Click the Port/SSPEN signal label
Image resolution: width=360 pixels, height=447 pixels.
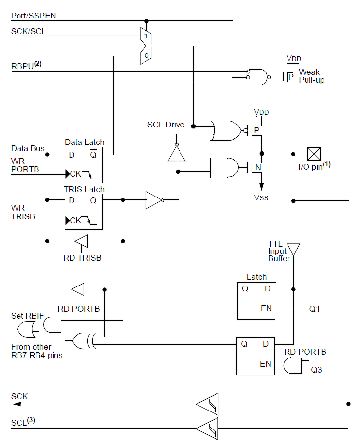point(34,16)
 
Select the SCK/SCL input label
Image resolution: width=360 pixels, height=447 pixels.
point(29,31)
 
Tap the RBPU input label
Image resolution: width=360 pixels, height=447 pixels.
point(26,65)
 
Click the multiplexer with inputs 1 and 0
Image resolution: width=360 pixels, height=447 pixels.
point(145,46)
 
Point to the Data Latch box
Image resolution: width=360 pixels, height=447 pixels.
point(84,164)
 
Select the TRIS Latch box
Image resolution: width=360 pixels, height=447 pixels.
point(84,211)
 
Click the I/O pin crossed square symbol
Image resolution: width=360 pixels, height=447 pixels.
point(314,154)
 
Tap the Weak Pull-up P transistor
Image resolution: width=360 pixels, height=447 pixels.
point(289,77)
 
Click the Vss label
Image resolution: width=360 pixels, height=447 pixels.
point(261,197)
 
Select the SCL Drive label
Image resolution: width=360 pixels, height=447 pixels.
point(166,125)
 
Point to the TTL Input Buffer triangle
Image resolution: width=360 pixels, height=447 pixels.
point(293,250)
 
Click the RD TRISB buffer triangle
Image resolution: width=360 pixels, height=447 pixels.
point(82,241)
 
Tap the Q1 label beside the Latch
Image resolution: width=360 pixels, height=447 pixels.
point(314,309)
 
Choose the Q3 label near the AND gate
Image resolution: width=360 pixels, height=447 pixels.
point(316,370)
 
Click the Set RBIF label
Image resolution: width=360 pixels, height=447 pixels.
point(27,316)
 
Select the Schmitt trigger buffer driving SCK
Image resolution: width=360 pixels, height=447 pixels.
point(208,404)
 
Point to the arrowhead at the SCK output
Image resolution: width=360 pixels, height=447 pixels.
point(17,404)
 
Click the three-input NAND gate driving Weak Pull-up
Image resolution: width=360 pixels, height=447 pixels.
point(258,77)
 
